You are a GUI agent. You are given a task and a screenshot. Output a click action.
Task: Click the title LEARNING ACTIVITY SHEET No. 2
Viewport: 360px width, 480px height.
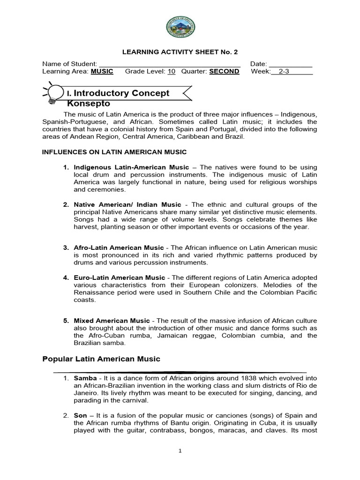tap(180, 52)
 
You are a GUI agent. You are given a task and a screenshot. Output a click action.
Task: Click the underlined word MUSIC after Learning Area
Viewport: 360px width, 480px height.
tap(102, 72)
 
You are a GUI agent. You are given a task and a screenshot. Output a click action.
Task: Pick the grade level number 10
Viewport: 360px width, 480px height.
tap(172, 72)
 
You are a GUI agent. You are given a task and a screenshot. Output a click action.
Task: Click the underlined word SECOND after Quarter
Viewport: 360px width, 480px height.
tap(224, 72)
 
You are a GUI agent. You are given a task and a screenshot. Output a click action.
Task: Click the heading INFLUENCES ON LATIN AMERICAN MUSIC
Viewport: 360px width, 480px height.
tap(114, 152)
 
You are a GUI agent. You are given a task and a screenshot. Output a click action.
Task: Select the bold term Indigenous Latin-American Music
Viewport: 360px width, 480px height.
tap(131, 167)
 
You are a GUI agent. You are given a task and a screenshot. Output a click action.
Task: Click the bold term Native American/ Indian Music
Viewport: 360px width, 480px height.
tap(127, 205)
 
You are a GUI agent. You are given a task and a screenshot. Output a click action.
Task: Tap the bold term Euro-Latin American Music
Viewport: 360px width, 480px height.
tap(120, 277)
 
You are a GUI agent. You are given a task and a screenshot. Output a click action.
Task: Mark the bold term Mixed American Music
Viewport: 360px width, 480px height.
tap(112, 321)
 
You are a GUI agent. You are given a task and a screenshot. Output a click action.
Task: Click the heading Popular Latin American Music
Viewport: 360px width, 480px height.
tap(101, 359)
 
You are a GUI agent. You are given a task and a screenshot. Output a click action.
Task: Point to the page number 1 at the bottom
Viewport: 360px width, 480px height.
tap(180, 451)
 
